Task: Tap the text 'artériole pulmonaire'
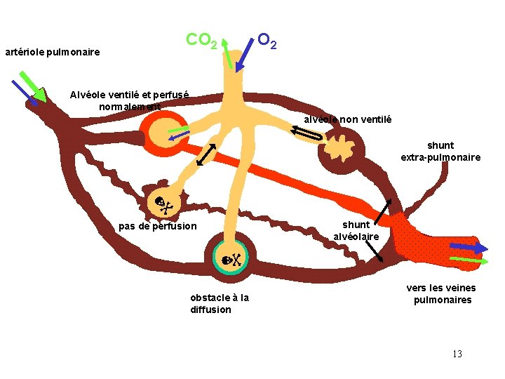pos(52,52)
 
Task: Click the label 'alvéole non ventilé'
pos(348,119)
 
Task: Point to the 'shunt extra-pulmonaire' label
pos(440,152)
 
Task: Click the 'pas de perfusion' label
pos(158,226)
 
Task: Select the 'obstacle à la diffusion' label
pos(219,303)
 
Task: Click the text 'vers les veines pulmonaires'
pos(441,293)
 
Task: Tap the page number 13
pos(457,354)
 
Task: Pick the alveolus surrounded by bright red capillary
pos(166,129)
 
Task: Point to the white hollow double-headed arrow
pos(307,133)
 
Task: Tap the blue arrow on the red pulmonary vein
pos(469,247)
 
